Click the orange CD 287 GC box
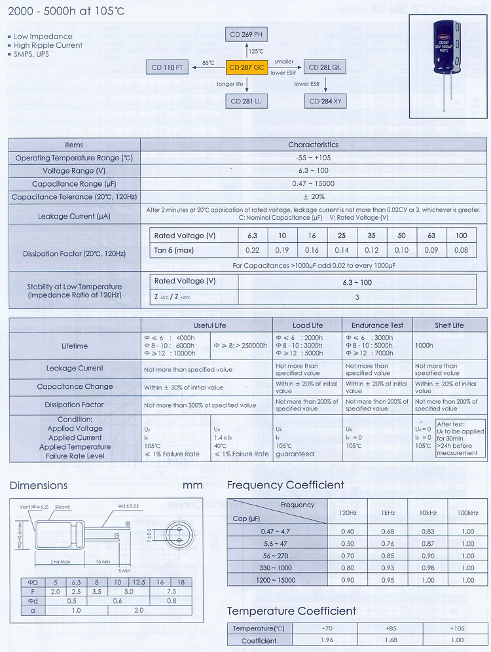(x=246, y=67)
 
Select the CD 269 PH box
(x=246, y=35)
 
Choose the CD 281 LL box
(x=246, y=101)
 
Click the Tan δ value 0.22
(x=252, y=250)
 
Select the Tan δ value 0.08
(x=461, y=250)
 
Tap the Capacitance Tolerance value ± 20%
(x=314, y=197)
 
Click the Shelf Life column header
(x=449, y=325)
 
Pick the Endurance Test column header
(x=378, y=325)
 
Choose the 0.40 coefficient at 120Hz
(x=348, y=531)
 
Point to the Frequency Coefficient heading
(x=285, y=485)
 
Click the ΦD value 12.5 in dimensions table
(x=139, y=581)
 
